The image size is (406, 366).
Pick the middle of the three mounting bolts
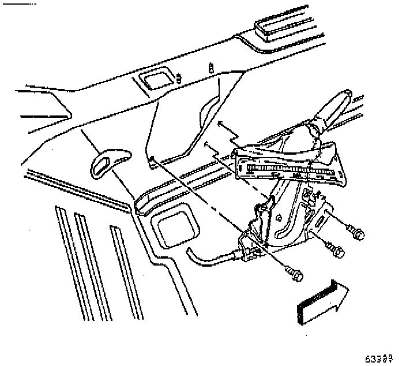337,251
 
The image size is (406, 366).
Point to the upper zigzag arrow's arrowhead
220,123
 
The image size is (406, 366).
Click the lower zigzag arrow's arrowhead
206,144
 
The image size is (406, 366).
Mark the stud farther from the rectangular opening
211,67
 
